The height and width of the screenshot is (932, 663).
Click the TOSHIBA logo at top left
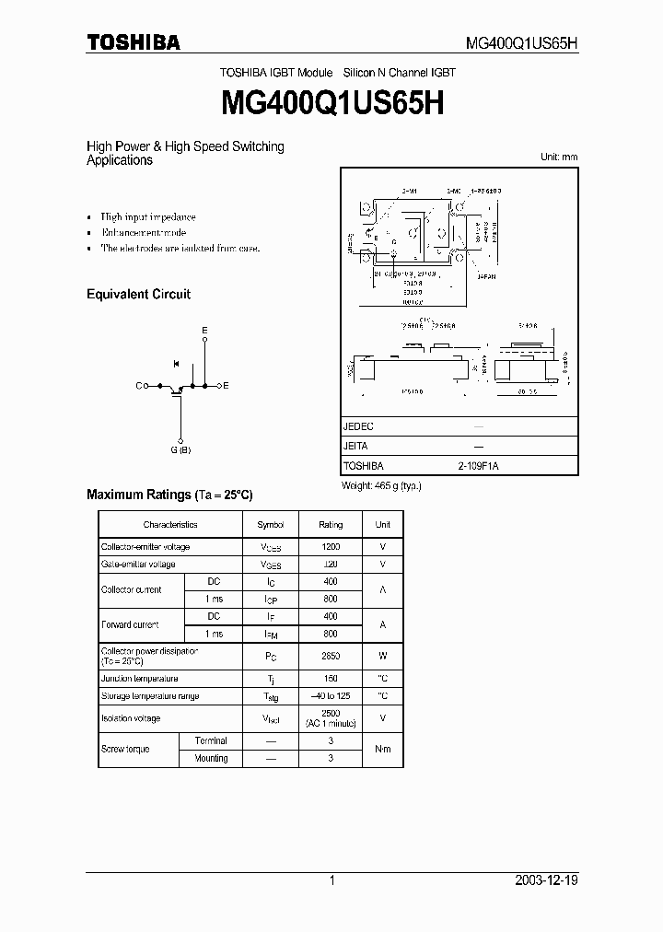tap(133, 42)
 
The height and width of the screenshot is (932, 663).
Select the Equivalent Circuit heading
tap(138, 295)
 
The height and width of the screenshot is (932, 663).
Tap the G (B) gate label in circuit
tap(180, 449)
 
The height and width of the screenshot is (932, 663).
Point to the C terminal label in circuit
tap(139, 387)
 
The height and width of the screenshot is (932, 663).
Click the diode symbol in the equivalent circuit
tap(176, 366)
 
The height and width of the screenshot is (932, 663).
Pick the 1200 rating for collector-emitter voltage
tap(331, 547)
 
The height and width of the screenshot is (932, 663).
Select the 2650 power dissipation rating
tap(331, 656)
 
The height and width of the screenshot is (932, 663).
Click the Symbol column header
tap(271, 525)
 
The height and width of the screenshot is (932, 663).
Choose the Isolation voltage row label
tap(130, 718)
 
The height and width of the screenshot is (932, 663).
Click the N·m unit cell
tap(382, 750)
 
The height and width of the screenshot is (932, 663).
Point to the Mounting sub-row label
tap(211, 759)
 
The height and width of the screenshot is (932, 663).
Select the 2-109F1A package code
tap(477, 466)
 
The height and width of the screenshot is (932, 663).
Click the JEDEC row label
tap(358, 427)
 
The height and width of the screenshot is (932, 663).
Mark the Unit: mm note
tap(558, 157)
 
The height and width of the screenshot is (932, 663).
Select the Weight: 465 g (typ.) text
tap(380, 484)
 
